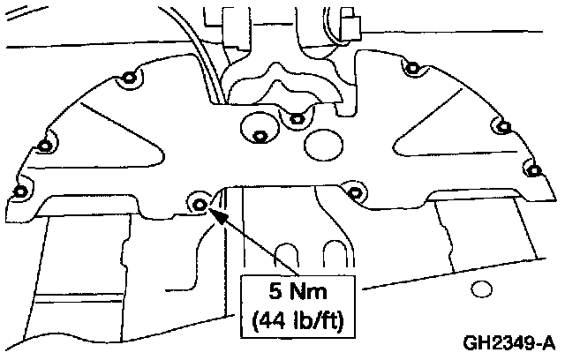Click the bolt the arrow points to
tap(200, 206)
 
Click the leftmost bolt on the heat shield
tap(19, 191)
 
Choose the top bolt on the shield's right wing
tap(411, 67)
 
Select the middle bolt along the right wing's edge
tap(505, 126)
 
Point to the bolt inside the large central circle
tap(260, 136)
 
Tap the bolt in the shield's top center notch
tap(297, 116)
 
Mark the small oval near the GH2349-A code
tap(481, 289)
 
